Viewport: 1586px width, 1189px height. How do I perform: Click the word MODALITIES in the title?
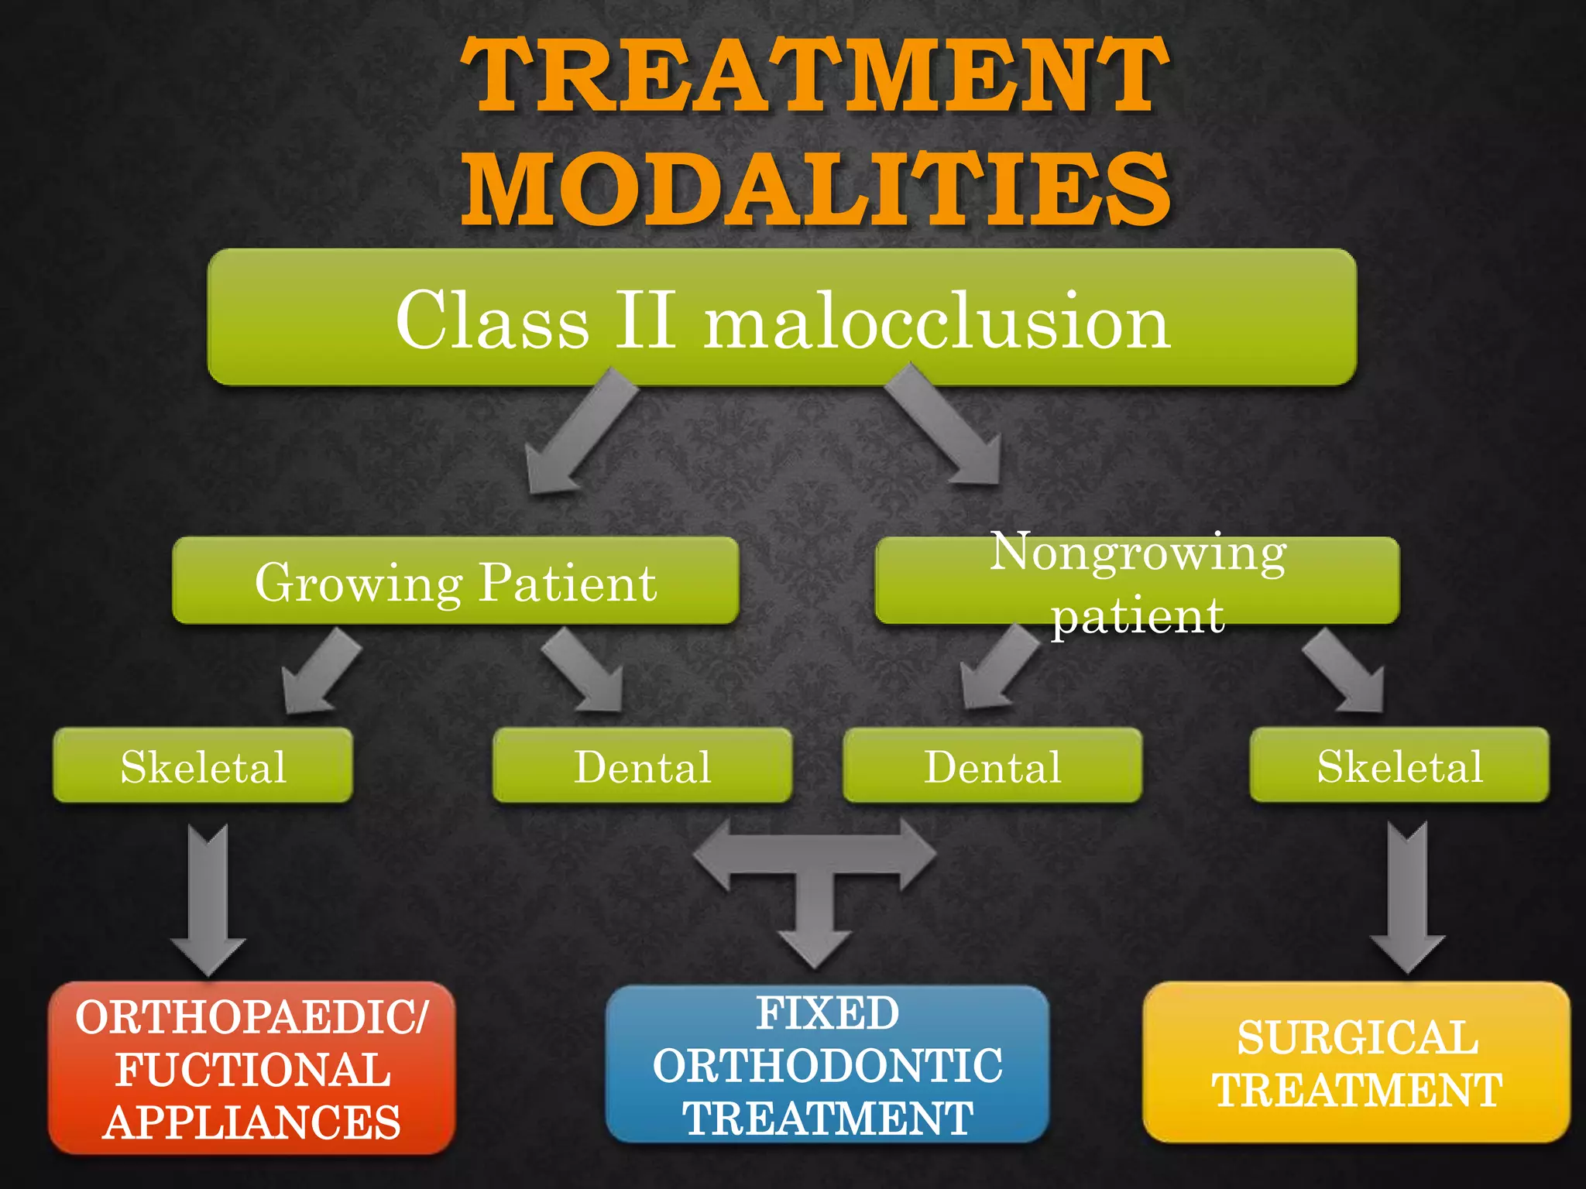pyautogui.click(x=815, y=188)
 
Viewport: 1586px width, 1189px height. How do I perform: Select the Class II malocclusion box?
pyautogui.click(x=782, y=317)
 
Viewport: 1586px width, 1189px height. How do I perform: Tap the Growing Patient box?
pyautogui.click(x=455, y=581)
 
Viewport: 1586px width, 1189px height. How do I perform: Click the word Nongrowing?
pyautogui.click(x=1138, y=553)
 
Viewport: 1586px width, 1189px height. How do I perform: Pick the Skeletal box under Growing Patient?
pyautogui.click(x=203, y=766)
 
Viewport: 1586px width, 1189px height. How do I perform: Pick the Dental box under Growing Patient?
pyautogui.click(x=642, y=766)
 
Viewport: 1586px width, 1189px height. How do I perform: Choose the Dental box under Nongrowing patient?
pyautogui.click(x=992, y=766)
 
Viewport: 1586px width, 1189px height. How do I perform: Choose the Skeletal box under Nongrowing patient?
pyautogui.click(x=1399, y=766)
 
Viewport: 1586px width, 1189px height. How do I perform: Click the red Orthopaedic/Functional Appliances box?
pyautogui.click(x=251, y=1069)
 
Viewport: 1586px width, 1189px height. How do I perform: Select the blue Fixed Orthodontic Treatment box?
pyautogui.click(x=827, y=1065)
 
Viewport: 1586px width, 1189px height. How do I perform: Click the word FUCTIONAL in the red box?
pyautogui.click(x=252, y=1070)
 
